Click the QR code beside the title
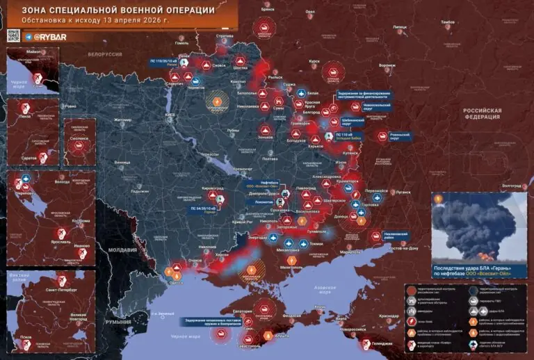tap(13, 36)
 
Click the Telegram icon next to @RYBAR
tap(28, 36)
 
